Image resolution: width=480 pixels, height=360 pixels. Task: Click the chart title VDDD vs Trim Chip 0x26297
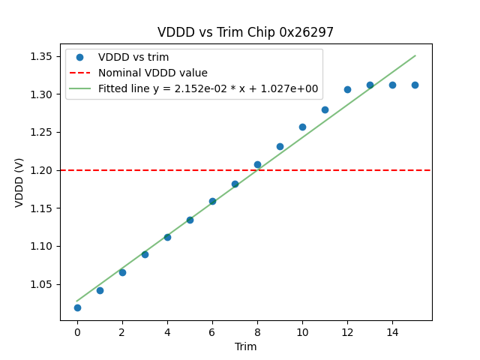pos(245,32)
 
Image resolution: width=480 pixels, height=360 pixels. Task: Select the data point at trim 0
pos(77,307)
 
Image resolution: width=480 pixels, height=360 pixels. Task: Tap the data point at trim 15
pos(415,85)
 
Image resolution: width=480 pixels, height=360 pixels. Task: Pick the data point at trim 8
pos(257,164)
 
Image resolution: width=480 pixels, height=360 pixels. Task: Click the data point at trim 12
pos(347,89)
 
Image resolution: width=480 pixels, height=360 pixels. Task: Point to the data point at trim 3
pos(145,254)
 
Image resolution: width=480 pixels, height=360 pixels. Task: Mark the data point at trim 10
pos(302,127)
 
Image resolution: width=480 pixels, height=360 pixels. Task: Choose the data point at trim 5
pos(190,220)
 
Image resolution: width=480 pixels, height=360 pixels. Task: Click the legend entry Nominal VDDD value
pos(153,73)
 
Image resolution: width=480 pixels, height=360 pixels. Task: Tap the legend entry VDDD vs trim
pos(133,57)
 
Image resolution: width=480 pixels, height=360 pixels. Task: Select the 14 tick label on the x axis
pos(392,331)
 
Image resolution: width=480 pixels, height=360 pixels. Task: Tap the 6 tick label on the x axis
pos(212,331)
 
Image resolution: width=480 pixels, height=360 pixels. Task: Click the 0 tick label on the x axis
pos(77,331)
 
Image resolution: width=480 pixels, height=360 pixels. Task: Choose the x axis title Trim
pos(245,346)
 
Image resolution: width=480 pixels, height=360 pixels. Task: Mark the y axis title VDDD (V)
pos(19,182)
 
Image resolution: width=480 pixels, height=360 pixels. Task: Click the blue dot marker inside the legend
pos(79,57)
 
